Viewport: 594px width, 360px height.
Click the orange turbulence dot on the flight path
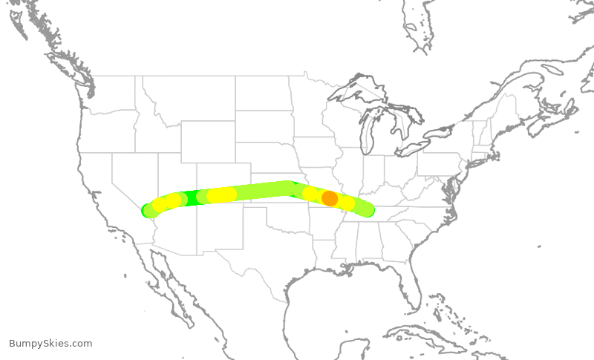(x=330, y=198)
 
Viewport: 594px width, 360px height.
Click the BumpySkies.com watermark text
(x=50, y=343)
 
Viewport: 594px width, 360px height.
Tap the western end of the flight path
(x=148, y=211)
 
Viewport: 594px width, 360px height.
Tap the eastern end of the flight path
(x=367, y=210)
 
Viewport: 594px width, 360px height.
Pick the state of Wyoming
(x=207, y=141)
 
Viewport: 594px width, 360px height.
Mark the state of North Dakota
(x=263, y=93)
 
